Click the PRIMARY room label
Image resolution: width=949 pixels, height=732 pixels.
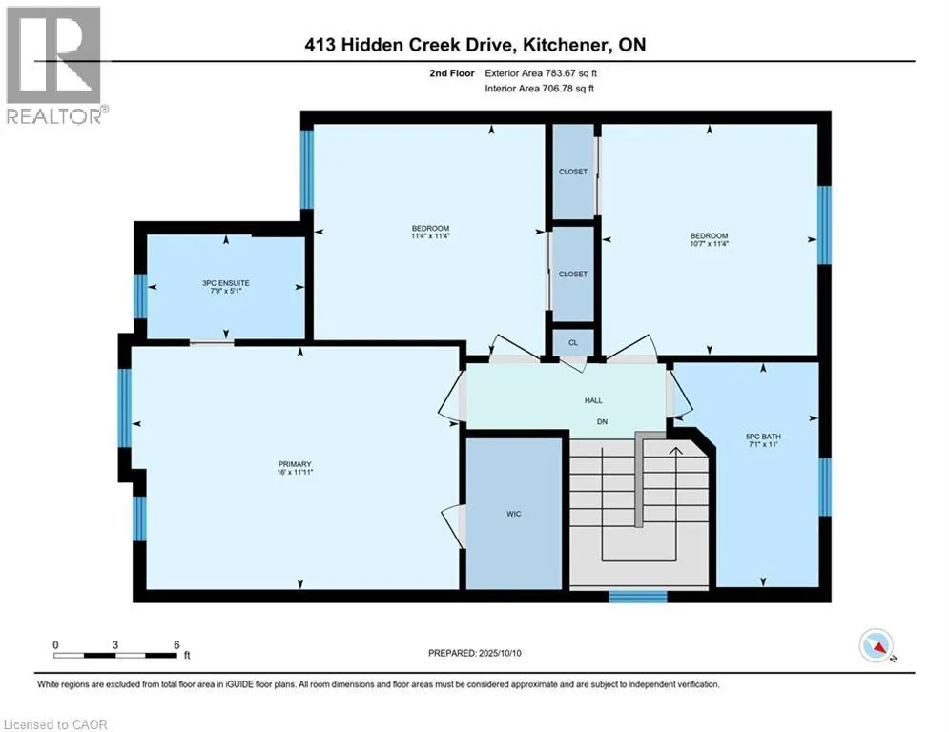coord(295,464)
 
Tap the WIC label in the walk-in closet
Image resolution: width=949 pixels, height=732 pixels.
coord(514,514)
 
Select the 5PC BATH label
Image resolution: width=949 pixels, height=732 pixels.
coord(763,437)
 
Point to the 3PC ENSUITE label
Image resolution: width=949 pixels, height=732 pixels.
coord(226,282)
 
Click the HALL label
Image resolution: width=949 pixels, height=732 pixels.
coord(593,400)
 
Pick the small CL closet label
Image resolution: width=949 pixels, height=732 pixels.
coord(573,342)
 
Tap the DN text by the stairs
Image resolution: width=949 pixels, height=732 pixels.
coord(602,421)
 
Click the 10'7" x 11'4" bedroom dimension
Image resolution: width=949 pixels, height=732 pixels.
coord(710,244)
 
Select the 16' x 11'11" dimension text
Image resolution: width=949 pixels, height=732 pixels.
coord(295,472)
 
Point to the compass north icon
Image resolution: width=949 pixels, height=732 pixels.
coord(877,646)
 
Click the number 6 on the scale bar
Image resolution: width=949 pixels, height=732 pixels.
coord(176,645)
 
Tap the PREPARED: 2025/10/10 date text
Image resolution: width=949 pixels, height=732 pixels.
coord(475,653)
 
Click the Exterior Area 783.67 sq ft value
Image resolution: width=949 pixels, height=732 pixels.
coord(541,73)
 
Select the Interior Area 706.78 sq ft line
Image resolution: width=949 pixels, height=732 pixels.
coord(539,89)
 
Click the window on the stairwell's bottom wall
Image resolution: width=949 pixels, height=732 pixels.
coord(638,597)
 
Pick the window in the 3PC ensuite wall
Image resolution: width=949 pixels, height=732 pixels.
coord(140,295)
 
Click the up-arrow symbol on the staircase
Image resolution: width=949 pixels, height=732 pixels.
coord(675,452)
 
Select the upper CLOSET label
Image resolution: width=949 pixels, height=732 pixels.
coord(573,172)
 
